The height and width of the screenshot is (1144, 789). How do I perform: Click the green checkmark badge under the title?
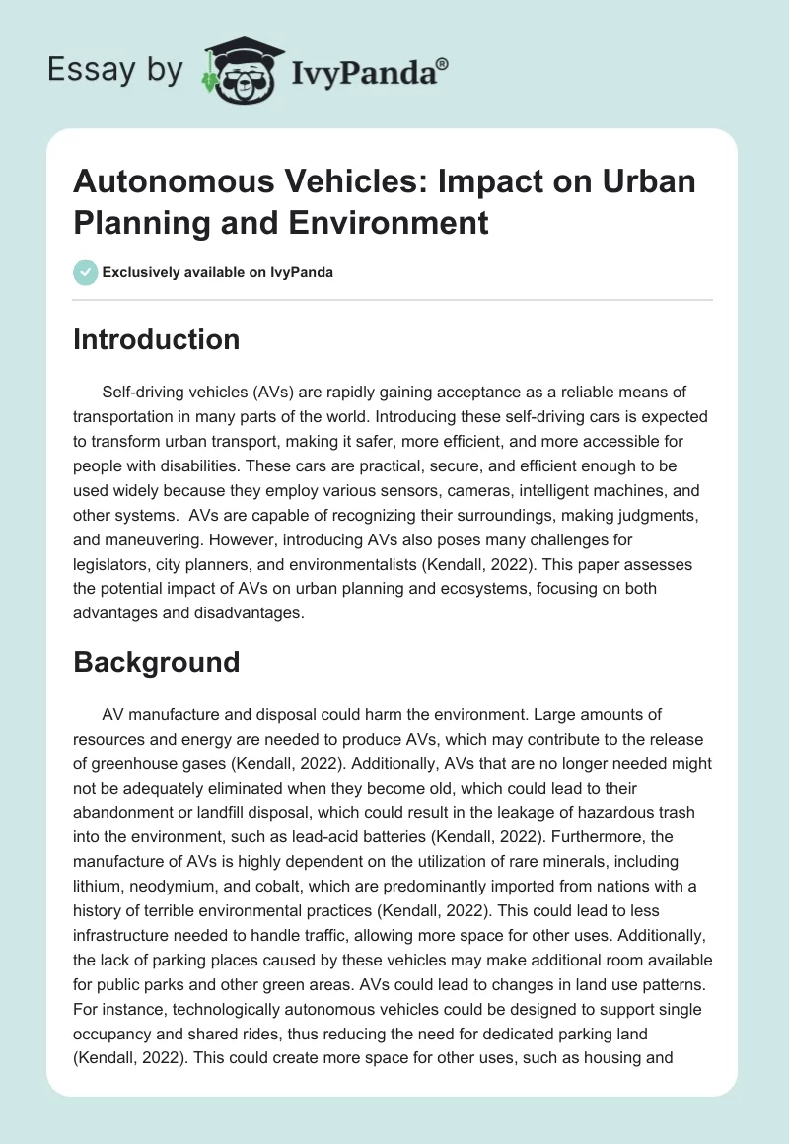(86, 272)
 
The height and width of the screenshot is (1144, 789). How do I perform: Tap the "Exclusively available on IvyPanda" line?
(218, 273)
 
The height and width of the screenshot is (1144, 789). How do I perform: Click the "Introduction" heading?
(156, 339)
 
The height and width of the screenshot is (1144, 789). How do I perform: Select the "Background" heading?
(156, 661)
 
